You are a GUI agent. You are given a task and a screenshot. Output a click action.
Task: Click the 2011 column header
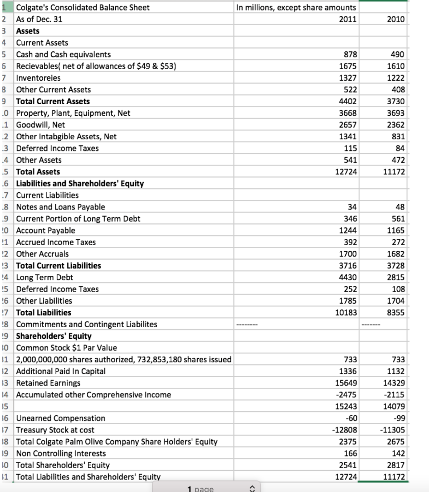point(346,19)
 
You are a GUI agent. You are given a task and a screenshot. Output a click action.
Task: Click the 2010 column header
point(395,19)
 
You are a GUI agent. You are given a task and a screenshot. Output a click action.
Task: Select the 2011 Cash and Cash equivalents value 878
point(347,54)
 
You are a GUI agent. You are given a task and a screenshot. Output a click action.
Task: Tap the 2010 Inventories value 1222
point(395,78)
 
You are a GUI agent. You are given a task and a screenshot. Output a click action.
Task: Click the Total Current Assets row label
point(53,101)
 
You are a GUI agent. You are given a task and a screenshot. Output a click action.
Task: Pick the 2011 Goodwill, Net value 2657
point(346,125)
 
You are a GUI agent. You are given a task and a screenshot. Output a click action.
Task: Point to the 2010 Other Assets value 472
point(397,160)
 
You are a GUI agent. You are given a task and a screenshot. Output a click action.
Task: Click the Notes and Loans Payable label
point(61,207)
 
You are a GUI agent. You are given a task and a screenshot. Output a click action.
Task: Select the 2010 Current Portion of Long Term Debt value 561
point(397,219)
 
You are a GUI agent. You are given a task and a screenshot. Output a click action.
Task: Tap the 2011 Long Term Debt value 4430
point(346,277)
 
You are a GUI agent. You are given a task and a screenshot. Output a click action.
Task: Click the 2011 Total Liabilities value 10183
point(344,312)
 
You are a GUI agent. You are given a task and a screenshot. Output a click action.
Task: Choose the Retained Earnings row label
point(49,383)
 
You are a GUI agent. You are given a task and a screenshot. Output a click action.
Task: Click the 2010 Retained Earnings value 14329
point(393,383)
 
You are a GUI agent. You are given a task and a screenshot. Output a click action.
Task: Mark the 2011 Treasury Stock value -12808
point(343,430)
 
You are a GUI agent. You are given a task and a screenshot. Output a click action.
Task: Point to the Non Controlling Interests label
point(61,454)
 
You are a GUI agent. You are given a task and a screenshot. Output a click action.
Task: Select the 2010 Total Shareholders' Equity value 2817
point(395,465)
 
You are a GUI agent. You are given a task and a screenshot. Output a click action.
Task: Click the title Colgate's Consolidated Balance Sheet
point(83,8)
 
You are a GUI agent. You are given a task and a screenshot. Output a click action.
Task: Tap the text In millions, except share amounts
point(297,8)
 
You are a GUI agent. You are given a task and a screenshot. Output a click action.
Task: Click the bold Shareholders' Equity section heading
point(54,336)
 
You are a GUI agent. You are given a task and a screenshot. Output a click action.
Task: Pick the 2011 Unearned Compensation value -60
point(350,418)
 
